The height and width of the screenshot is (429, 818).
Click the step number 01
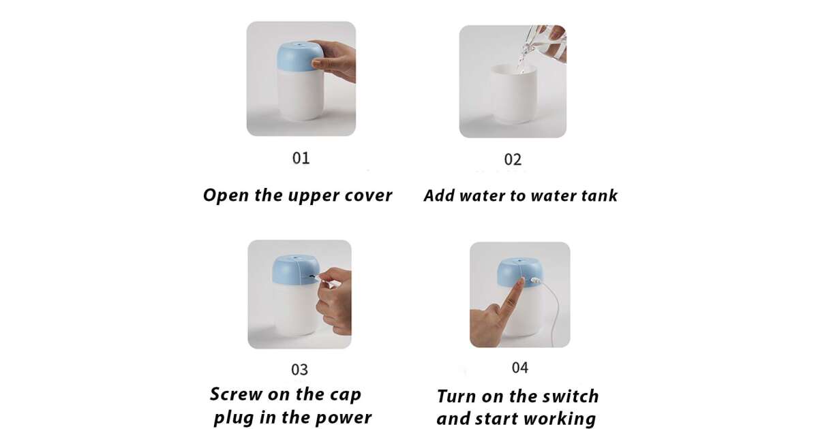click(301, 158)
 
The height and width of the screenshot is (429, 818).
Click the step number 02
click(513, 160)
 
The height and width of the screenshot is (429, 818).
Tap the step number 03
click(299, 370)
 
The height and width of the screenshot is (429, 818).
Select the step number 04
click(520, 368)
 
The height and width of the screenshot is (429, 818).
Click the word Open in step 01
click(226, 196)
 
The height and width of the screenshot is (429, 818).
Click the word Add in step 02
click(439, 195)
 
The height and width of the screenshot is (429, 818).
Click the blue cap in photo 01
click(299, 57)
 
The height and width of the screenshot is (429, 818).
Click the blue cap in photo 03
click(295, 270)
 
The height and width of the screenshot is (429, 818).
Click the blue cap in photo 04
click(519, 272)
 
